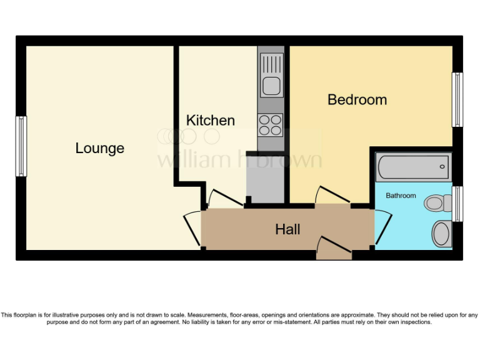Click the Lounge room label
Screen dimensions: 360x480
(100, 149)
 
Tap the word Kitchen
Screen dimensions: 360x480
(211, 120)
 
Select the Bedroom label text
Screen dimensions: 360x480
(357, 99)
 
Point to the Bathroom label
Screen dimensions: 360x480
(401, 196)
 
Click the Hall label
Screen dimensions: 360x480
(287, 229)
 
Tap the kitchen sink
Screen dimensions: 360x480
(272, 75)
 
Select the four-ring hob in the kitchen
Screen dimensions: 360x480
(271, 124)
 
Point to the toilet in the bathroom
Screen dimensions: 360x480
(437, 202)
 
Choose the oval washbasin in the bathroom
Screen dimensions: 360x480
(441, 233)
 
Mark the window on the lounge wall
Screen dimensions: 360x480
(22, 146)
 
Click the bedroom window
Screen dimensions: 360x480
(457, 100)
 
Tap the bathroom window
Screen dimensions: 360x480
(457, 204)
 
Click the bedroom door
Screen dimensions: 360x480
(332, 195)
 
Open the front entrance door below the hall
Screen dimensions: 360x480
(334, 247)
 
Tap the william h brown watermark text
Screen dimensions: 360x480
(239, 159)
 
